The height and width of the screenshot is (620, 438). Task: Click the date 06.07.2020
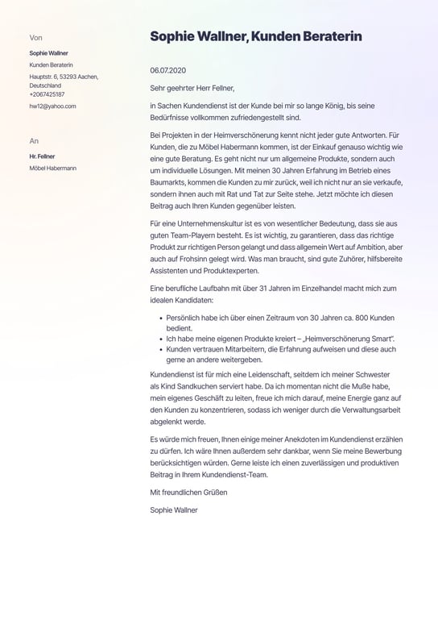(x=167, y=70)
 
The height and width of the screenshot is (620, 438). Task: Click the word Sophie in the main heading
(x=173, y=36)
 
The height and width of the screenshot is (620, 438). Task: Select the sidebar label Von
(x=35, y=37)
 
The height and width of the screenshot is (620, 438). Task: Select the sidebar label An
(x=34, y=140)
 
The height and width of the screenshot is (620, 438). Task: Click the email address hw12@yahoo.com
(x=52, y=106)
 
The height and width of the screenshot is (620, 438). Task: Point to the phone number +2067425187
(x=48, y=94)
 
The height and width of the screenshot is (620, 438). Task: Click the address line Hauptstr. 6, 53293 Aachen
(x=64, y=77)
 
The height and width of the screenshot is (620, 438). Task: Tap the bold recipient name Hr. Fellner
(x=43, y=156)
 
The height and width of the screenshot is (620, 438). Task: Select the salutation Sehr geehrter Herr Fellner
(x=192, y=88)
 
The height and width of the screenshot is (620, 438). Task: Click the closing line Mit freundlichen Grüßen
(x=188, y=492)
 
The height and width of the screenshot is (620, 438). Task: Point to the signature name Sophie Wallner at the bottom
(x=173, y=510)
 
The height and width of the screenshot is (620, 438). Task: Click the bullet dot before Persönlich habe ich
(x=162, y=319)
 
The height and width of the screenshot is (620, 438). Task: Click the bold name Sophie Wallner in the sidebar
(x=48, y=52)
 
